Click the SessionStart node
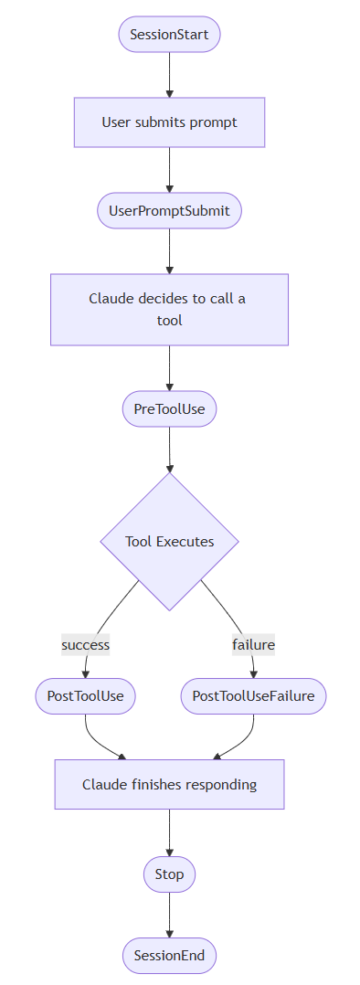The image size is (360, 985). pyautogui.click(x=169, y=34)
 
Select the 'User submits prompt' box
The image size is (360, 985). pyautogui.click(x=169, y=122)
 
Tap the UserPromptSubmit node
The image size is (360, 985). pyautogui.click(x=169, y=211)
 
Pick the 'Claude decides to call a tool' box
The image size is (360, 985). pyautogui.click(x=169, y=310)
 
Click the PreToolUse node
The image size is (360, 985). pyautogui.click(x=169, y=409)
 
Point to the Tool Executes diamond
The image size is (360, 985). pyautogui.click(x=170, y=542)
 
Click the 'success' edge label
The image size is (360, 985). pyautogui.click(x=86, y=644)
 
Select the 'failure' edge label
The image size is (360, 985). pyautogui.click(x=253, y=644)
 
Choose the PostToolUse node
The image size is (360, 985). pyautogui.click(x=86, y=696)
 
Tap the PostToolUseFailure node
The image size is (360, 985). pyautogui.click(x=253, y=696)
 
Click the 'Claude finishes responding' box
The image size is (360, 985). pyautogui.click(x=169, y=785)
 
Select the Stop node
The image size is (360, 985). pyautogui.click(x=169, y=874)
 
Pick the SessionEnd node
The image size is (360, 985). pyautogui.click(x=169, y=956)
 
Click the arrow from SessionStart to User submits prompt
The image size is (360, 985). pyautogui.click(x=169, y=75)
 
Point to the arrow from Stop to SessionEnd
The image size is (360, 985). pyautogui.click(x=169, y=916)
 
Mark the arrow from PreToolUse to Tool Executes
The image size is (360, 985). pyautogui.click(x=169, y=450)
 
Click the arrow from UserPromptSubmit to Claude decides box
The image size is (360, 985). pyautogui.click(x=169, y=251)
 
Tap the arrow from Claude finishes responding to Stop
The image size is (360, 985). pyautogui.click(x=169, y=832)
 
